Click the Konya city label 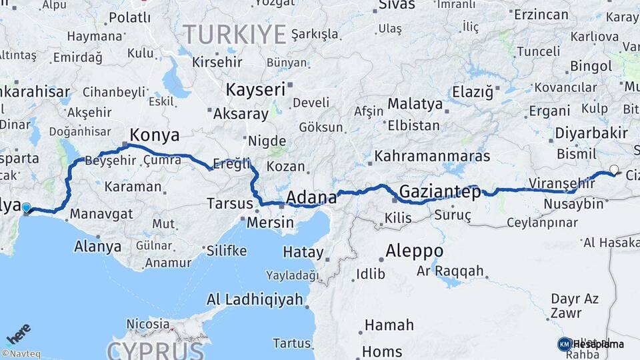155,135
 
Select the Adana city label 311,197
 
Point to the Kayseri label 255,89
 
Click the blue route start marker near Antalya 27,207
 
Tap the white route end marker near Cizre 614,170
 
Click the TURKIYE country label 235,34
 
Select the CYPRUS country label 155,349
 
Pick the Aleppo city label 414,251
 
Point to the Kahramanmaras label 432,156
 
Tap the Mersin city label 270,222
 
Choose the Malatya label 415,104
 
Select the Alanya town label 97,246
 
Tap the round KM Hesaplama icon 565,344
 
